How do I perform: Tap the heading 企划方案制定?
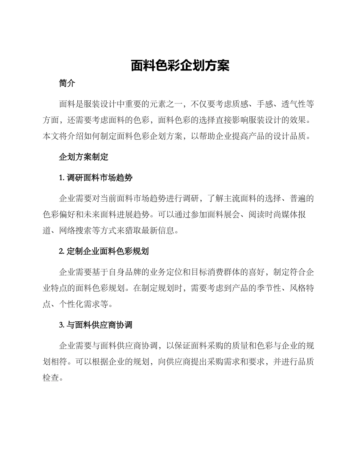[84, 157]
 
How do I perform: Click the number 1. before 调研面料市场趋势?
[62, 177]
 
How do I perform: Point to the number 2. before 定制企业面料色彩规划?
[62, 251]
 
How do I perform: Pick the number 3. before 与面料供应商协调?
[62, 325]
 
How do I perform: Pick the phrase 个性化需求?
[80, 304]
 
